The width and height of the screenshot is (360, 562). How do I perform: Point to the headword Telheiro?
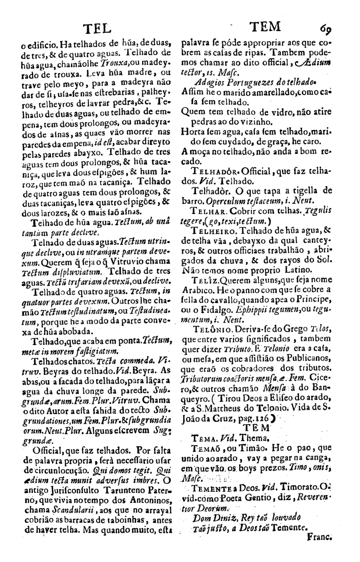[213, 230]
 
